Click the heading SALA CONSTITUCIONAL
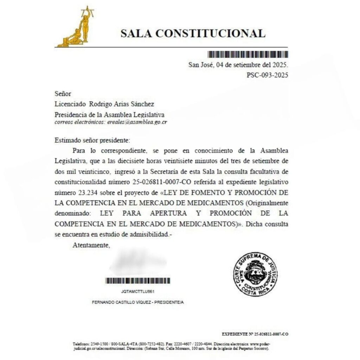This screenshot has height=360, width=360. pos(193,33)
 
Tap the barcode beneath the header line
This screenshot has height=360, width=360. pos(248,54)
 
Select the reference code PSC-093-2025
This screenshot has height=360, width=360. pos(268,75)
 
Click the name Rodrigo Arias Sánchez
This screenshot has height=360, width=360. pos(122,104)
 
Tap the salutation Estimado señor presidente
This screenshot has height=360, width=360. pos(92,140)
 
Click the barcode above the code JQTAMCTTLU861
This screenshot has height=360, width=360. pos(137,281)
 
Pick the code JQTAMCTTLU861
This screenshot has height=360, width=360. pos(138,291)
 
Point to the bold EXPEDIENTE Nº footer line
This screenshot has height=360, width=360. pos(255,334)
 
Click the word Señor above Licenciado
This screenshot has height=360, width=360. pos(63,94)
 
